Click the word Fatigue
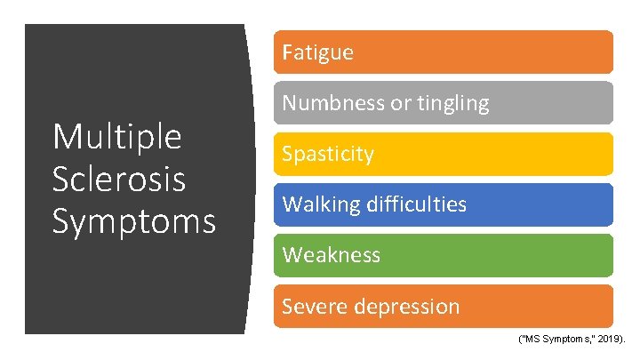click(317, 52)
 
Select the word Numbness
click(333, 103)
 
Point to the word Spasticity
click(328, 154)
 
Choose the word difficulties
click(412, 204)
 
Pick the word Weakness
click(331, 255)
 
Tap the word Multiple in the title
click(116, 137)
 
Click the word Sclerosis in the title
click(118, 179)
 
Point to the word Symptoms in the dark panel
click(133, 220)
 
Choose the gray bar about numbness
click(551, 103)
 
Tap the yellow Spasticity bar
click(489, 154)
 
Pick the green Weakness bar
click(489, 255)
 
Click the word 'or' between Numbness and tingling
click(397, 104)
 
